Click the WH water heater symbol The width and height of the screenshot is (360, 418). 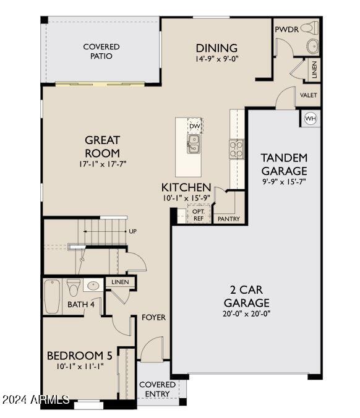(309, 118)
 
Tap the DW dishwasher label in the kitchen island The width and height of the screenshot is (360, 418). (195, 126)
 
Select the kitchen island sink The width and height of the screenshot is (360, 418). (194, 144)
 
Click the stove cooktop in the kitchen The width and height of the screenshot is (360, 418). (236, 148)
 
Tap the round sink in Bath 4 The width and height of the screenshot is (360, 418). (93, 286)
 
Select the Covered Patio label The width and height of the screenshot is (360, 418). (101, 51)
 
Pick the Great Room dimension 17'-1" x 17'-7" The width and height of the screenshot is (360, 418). (102, 164)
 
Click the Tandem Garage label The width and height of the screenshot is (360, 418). (284, 164)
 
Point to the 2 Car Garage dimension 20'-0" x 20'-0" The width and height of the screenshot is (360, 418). (247, 313)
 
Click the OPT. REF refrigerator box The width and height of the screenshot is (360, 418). (199, 215)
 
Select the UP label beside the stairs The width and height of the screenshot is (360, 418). (132, 231)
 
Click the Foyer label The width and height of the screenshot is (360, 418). (153, 317)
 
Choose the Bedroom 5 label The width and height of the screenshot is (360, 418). (80, 356)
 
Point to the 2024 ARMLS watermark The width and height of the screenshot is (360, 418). (36, 400)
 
